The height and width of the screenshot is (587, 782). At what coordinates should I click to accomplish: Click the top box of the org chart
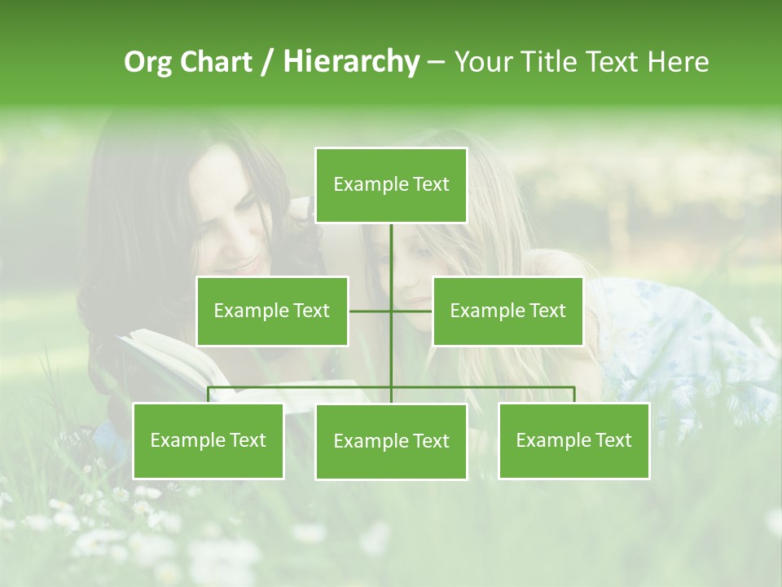[391, 185]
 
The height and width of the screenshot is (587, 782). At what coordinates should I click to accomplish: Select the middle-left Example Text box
[272, 311]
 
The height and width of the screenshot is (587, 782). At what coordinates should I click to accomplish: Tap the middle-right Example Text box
[507, 311]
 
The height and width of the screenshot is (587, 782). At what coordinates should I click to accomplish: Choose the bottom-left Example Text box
[208, 440]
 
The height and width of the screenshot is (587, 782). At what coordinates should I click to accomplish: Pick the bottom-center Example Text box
[391, 441]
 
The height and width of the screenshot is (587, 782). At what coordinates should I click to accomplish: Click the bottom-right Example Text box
[573, 440]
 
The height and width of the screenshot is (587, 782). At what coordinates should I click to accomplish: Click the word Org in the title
[147, 62]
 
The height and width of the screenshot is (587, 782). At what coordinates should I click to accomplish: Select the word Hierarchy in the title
[350, 62]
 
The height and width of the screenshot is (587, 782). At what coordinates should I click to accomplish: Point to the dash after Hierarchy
[436, 62]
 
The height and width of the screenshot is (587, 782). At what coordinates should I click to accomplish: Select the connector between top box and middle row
[391, 261]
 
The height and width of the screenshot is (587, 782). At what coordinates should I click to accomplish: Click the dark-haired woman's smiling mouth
[244, 267]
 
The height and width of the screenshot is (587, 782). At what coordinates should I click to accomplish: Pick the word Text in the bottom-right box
[613, 440]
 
